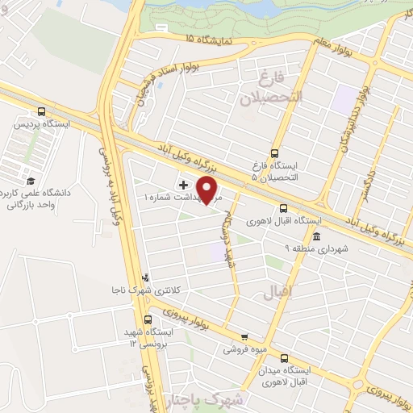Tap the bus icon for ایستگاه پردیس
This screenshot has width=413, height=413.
(41, 112)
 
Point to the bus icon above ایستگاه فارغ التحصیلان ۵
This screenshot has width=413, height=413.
(274, 152)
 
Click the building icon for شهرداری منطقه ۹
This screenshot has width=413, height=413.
(317, 237)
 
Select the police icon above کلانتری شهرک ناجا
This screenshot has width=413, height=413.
(145, 276)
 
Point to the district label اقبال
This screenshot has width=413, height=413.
(276, 287)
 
